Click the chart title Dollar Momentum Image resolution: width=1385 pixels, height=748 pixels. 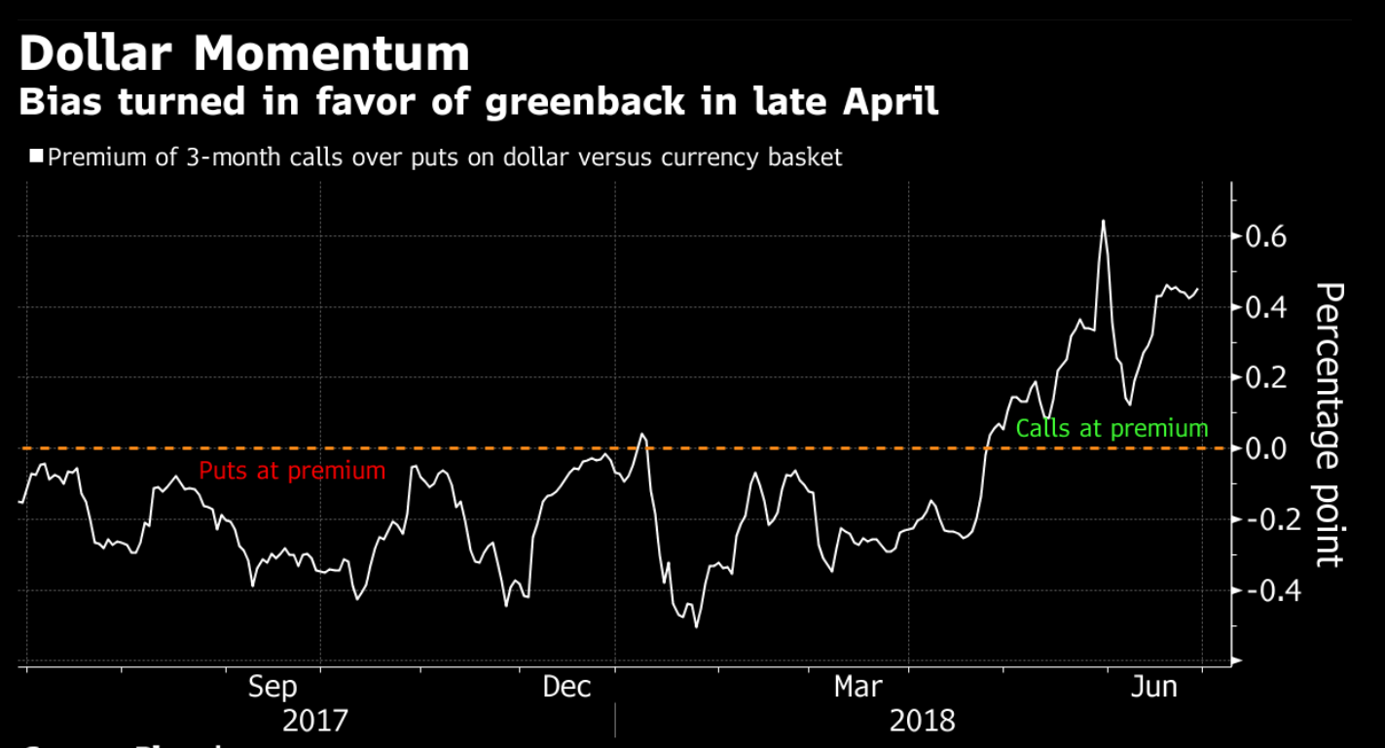(244, 53)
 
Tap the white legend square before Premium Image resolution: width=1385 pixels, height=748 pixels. (37, 157)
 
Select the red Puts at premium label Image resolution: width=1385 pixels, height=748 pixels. (292, 471)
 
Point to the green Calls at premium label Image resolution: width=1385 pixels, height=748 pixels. (1112, 428)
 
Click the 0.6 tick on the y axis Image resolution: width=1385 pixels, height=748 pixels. (1266, 236)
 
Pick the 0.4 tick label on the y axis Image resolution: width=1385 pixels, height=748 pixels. (1266, 307)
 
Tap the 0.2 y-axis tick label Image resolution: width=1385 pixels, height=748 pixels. (1266, 377)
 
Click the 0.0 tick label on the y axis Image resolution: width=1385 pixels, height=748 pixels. (1266, 448)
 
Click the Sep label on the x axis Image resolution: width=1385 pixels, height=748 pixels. (273, 687)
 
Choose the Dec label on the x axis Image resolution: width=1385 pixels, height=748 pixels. (566, 687)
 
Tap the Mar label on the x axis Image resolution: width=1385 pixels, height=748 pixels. (858, 687)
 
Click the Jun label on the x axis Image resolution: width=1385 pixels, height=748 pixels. (1153, 687)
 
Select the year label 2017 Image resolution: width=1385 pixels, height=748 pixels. (314, 722)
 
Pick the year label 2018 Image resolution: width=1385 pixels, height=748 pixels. (922, 722)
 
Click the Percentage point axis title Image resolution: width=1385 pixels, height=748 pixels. (1329, 425)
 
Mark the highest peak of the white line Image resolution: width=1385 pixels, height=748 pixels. (1103, 221)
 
